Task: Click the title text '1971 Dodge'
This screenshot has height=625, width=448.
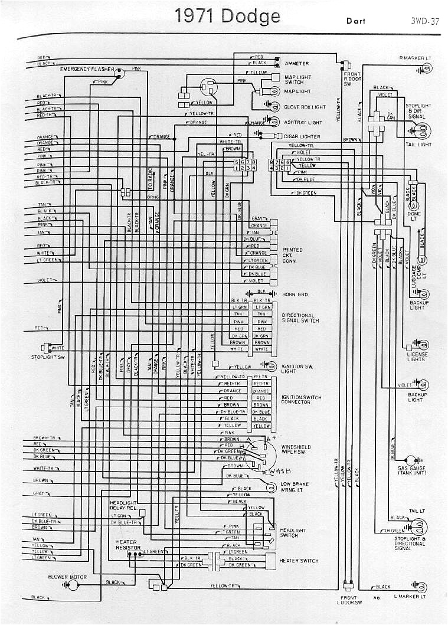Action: click(228, 16)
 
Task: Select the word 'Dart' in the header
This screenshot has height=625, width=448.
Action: click(357, 21)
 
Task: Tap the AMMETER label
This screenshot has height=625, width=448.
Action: click(297, 63)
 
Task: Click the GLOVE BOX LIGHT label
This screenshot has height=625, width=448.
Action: click(305, 107)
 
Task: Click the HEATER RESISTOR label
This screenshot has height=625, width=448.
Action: click(126, 545)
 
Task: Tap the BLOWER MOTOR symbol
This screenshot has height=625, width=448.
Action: click(73, 585)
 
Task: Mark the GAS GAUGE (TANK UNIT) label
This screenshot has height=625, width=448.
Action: click(411, 470)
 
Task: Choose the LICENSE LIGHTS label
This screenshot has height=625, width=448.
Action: click(416, 356)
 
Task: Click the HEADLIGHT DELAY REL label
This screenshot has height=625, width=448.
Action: click(123, 505)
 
